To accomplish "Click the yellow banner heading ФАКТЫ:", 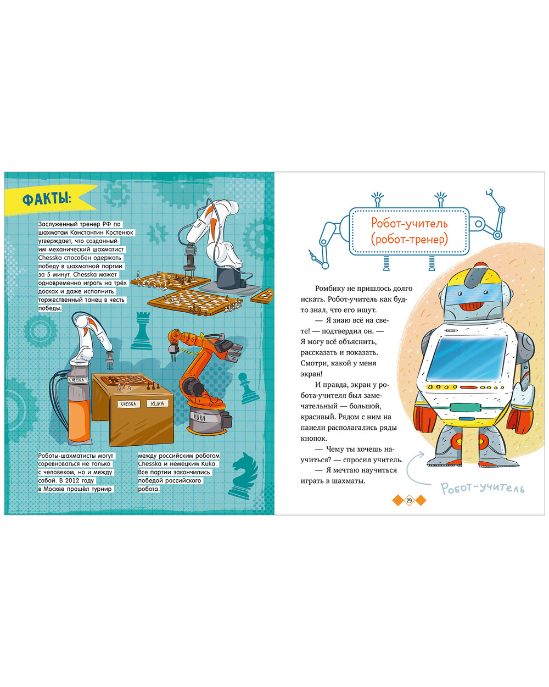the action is (x=47, y=200).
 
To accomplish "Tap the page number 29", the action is (x=409, y=500).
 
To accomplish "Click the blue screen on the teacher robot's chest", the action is (x=466, y=358).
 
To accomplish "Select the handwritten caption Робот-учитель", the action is (x=483, y=488).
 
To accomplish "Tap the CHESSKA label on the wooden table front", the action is (x=128, y=404).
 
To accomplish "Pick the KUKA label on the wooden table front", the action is (x=157, y=403).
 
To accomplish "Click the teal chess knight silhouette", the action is (x=244, y=475).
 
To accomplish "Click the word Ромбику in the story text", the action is (x=329, y=289).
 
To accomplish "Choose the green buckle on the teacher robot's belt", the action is (x=465, y=407).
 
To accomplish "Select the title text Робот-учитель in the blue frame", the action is (x=409, y=223).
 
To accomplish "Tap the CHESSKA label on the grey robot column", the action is (x=76, y=380).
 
